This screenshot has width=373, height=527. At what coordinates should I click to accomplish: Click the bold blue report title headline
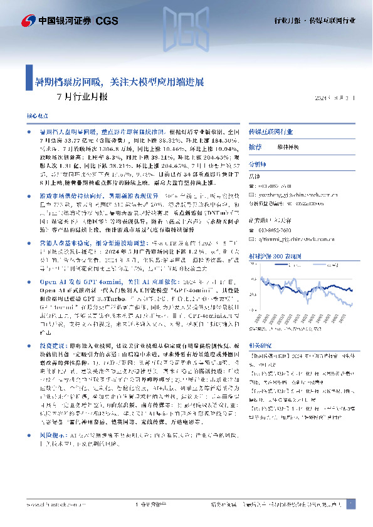point(118,82)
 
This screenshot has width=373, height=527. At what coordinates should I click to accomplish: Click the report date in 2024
point(325,98)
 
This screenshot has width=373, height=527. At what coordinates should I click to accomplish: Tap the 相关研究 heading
point(260,345)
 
